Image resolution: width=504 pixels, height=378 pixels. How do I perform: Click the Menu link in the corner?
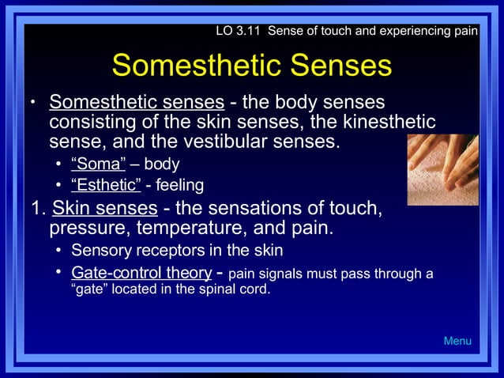coord(457,341)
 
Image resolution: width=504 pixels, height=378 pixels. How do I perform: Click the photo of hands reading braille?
coord(442,169)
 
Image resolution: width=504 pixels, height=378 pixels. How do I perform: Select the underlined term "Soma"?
coord(99,164)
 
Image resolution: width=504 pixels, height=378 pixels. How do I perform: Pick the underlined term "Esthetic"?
coord(106,185)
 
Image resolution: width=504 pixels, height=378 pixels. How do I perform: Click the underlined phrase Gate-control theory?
coord(141,273)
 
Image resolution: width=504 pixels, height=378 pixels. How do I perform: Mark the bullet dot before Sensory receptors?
coord(59,251)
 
